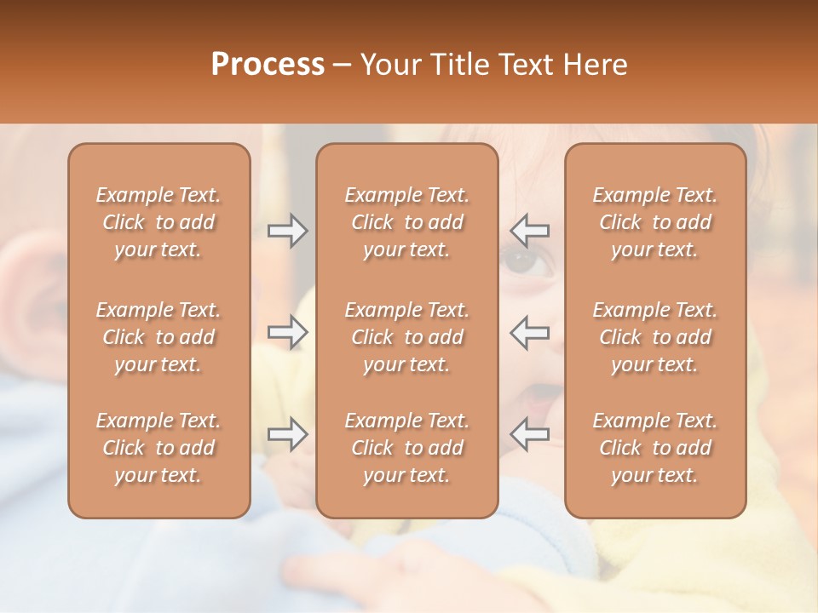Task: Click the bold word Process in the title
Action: coord(268,65)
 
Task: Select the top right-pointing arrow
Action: coord(288,231)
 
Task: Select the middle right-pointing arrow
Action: coord(288,332)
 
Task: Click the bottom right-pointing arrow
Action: coord(288,435)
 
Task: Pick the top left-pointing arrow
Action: coord(530,231)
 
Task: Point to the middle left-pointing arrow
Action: coord(530,332)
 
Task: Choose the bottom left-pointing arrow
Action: coord(530,435)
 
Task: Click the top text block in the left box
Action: coord(158,222)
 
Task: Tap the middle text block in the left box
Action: coord(158,337)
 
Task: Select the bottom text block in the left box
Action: coord(158,448)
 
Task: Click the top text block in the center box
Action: coord(407,222)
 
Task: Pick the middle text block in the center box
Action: coord(407,337)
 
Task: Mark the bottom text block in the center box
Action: coord(407,448)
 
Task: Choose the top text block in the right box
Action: coord(655,222)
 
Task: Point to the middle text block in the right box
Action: coord(655,337)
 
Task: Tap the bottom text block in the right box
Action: coord(655,448)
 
